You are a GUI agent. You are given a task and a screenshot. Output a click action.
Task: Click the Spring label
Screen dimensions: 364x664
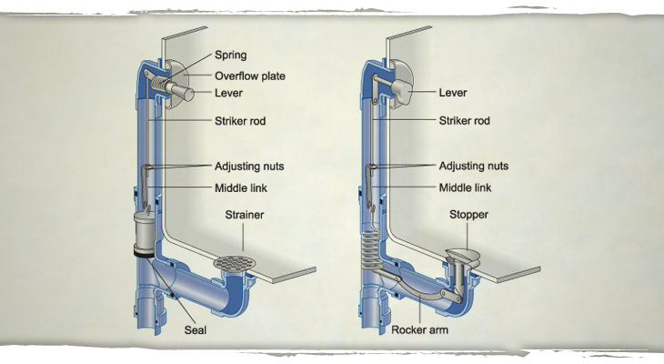[230, 56]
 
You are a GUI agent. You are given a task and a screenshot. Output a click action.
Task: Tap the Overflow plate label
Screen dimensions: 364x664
[250, 76]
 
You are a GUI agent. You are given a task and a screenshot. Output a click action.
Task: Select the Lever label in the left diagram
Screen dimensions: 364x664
[229, 93]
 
